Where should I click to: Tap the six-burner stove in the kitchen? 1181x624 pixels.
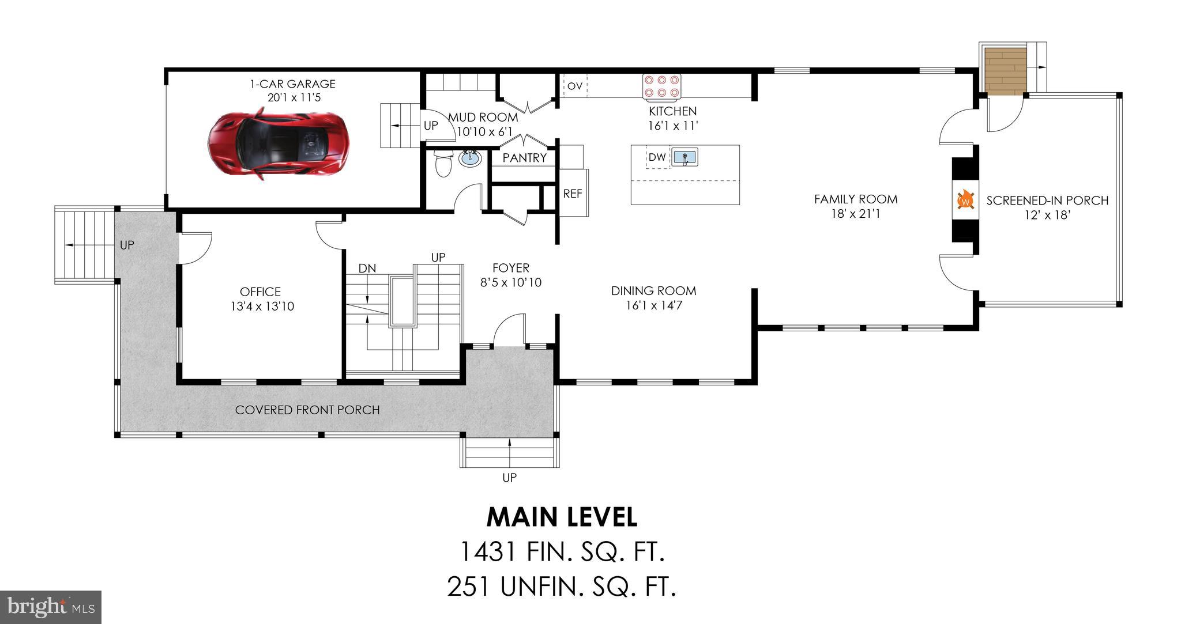(x=662, y=86)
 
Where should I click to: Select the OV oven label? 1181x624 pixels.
(x=575, y=86)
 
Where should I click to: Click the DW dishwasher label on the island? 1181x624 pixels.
(x=657, y=157)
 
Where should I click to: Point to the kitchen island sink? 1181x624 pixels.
(x=685, y=157)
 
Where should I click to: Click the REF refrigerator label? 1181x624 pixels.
(x=573, y=194)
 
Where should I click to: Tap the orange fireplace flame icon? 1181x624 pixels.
(x=965, y=201)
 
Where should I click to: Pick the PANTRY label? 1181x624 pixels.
(x=525, y=158)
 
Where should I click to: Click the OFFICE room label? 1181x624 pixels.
(x=261, y=292)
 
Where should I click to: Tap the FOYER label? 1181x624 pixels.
(x=511, y=268)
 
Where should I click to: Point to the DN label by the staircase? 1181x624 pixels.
(x=367, y=268)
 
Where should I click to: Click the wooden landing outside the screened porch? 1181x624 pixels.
(x=1006, y=71)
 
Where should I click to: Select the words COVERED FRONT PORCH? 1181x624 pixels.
(x=307, y=410)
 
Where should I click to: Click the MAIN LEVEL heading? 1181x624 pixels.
(x=562, y=517)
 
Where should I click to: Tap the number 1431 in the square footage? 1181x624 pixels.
(x=488, y=552)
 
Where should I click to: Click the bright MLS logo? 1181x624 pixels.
(x=51, y=607)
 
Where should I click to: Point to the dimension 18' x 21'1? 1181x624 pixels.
(x=856, y=214)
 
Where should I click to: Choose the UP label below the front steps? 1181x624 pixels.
(x=510, y=478)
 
